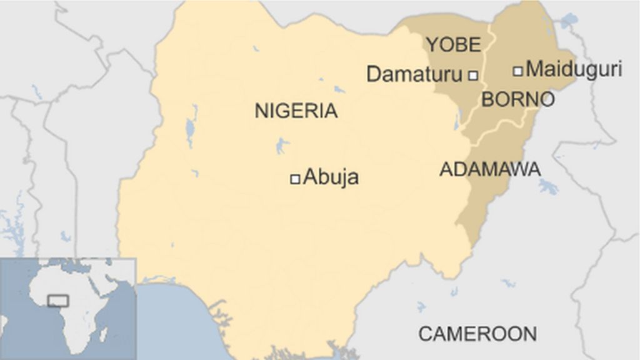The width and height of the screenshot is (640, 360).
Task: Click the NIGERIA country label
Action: pos(296,111)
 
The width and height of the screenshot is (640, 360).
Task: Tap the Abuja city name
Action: pos(331,177)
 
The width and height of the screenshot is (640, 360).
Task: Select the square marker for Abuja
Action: pos(295,179)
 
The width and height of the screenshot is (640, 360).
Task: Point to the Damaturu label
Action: pos(414,74)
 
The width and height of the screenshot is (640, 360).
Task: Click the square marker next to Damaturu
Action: pos(473,76)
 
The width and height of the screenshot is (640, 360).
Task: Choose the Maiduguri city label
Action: pos(574,69)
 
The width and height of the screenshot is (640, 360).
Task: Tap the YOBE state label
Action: pos(453,44)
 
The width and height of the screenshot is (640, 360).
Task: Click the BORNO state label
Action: pos(517,99)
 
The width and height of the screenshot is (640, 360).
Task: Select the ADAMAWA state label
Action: pos(490,169)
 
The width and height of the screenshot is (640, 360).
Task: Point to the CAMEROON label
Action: pos(477,334)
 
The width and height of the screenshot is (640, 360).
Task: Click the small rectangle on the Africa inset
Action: pos(58,301)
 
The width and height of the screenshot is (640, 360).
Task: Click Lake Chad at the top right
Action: pos(568,22)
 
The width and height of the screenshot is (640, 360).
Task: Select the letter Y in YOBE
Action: pos(432,44)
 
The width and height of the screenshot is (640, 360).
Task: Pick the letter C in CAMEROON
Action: pos(425,334)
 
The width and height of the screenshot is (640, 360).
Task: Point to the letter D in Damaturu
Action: pos(374,74)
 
